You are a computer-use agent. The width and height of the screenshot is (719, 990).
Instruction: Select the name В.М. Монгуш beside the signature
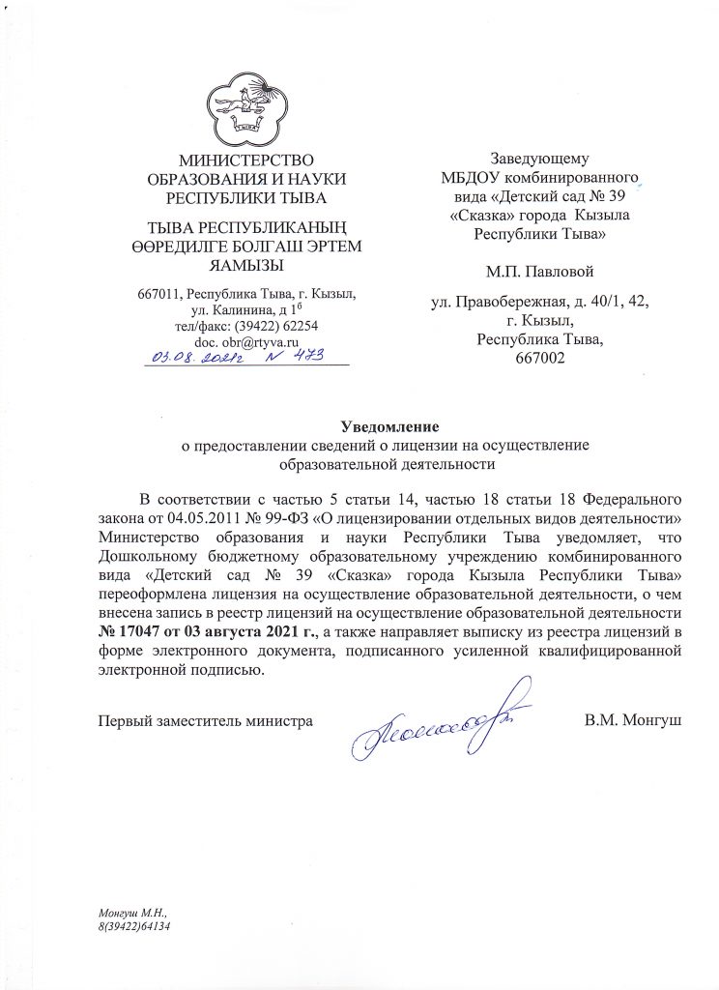(x=634, y=720)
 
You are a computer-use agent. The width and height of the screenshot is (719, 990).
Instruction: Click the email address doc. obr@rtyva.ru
(x=247, y=342)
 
